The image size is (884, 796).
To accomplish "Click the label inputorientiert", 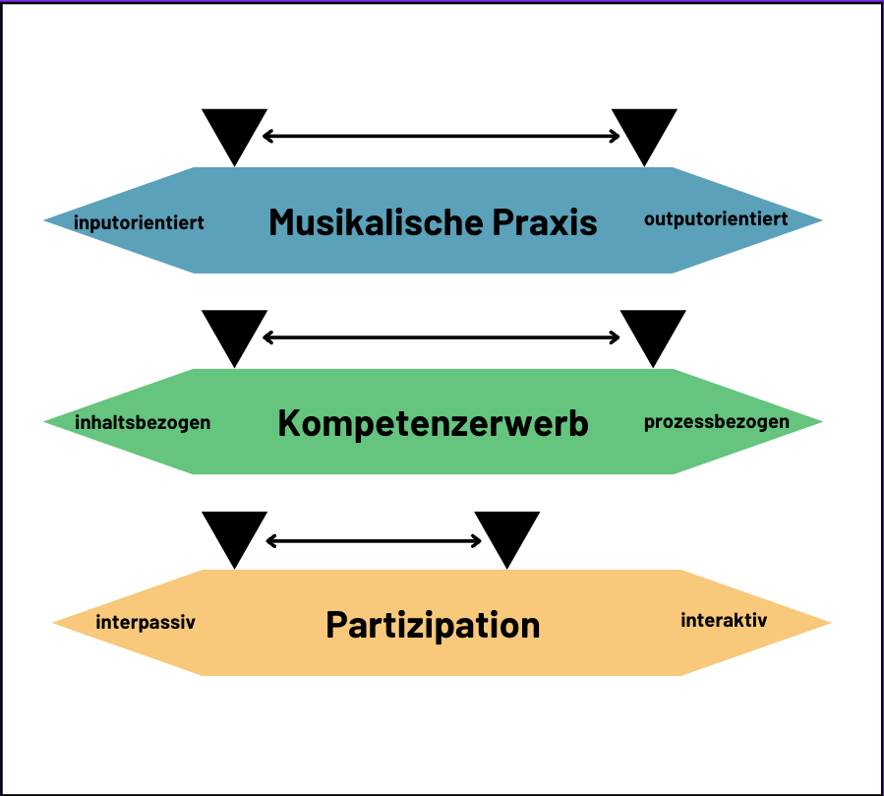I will (x=139, y=222).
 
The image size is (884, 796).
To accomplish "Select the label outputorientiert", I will (x=716, y=218).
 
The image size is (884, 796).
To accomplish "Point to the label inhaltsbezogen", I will (x=143, y=423).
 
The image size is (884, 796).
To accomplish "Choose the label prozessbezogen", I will (x=717, y=422).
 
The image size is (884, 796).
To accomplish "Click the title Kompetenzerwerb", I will (x=433, y=423).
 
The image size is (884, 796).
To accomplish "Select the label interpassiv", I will (x=146, y=623).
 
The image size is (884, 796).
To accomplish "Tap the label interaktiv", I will (x=724, y=620).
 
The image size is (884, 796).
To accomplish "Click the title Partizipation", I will (x=433, y=625).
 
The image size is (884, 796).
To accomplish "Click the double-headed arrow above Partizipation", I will (x=374, y=540).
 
